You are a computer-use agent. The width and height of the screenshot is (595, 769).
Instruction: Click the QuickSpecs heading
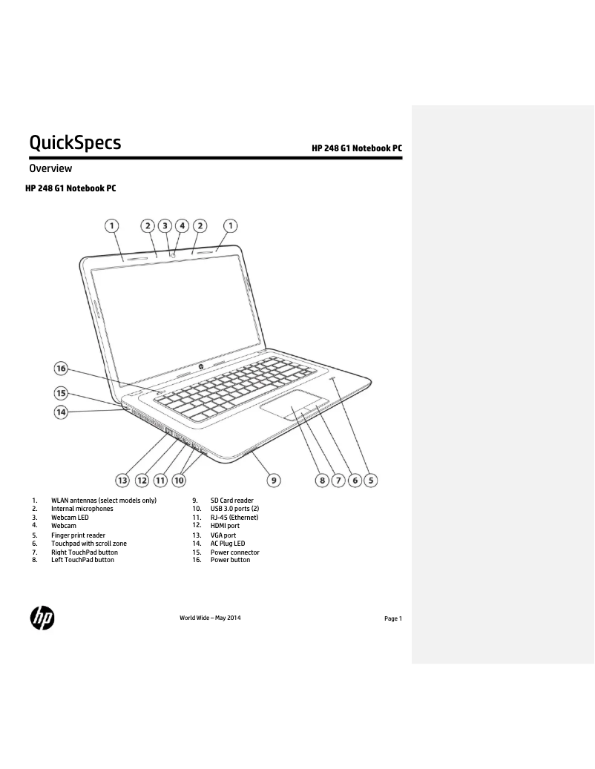pos(75,142)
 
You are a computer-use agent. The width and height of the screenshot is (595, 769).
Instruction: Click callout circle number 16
pos(61,369)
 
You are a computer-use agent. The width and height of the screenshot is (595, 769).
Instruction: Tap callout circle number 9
pos(274,480)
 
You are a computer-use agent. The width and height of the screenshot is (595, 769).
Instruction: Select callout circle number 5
pos(371,480)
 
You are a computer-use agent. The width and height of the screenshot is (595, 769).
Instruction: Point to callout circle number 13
pos(122,480)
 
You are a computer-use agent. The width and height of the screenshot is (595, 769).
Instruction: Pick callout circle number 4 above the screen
pos(182,225)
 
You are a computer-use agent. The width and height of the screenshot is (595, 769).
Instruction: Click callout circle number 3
pos(165,225)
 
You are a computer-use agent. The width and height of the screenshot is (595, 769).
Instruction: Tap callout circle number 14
pos(61,412)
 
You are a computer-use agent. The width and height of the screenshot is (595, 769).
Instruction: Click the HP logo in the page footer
pos(42,618)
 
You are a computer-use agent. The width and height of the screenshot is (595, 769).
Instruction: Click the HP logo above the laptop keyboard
pos(201,367)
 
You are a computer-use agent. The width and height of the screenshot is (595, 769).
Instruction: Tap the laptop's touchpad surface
pos(295,405)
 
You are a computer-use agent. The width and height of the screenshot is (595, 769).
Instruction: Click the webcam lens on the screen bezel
pos(174,255)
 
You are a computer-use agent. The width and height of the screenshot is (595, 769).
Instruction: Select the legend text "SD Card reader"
pos(232,501)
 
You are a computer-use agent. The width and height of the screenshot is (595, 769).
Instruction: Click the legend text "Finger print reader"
pos(78,535)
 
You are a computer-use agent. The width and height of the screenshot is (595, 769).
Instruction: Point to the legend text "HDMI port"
pos(225,525)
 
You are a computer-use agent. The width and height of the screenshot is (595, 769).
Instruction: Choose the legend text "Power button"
pos(230,560)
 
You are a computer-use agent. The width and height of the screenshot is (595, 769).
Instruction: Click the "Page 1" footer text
pos(393,618)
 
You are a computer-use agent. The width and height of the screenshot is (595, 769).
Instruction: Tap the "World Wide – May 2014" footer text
pos(210,618)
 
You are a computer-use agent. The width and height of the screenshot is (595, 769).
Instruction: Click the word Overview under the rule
pos(50,168)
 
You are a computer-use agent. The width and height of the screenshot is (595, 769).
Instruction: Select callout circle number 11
pos(160,480)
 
